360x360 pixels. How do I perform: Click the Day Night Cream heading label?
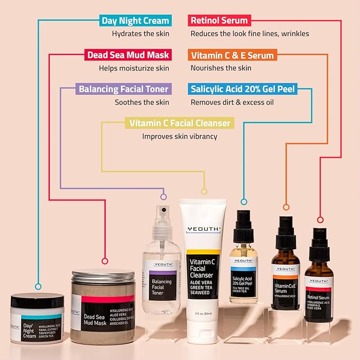(x=135, y=21)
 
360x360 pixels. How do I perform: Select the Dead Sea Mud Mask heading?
(x=127, y=55)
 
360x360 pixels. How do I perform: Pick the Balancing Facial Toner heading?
(x=124, y=89)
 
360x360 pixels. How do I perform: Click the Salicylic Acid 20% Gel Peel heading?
(x=242, y=89)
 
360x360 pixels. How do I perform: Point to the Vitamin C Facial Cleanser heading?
(x=180, y=123)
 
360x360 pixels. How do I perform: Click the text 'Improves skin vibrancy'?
(x=180, y=136)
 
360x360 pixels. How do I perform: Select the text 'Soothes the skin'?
(x=142, y=102)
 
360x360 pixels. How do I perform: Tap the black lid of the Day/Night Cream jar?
(x=37, y=301)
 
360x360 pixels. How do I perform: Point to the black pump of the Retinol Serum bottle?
(x=320, y=242)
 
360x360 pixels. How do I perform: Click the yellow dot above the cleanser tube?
(x=203, y=191)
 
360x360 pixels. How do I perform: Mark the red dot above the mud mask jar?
(x=104, y=261)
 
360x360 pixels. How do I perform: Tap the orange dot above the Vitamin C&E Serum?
(x=286, y=207)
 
